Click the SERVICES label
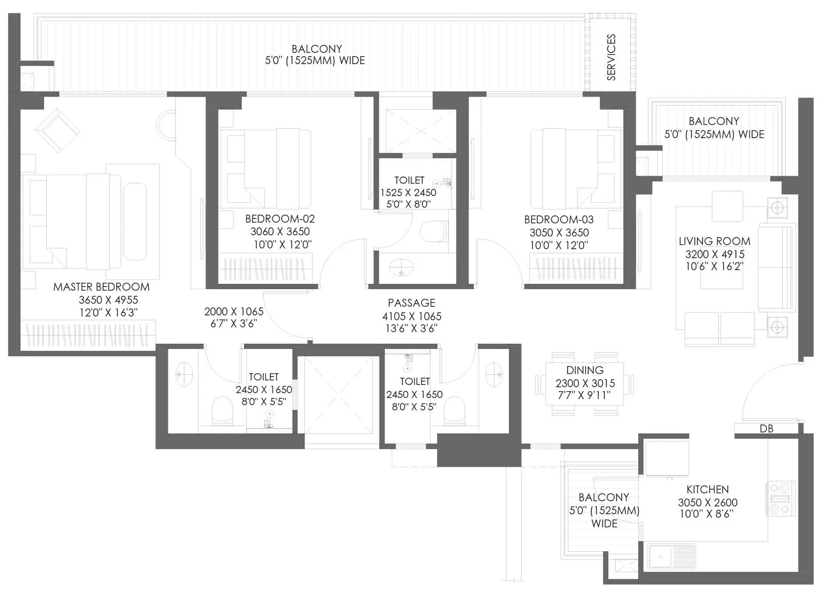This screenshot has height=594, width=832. coord(611,57)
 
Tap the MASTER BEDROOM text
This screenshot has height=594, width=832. coord(102,287)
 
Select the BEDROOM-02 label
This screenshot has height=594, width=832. coord(280,219)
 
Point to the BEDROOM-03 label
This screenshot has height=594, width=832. coord(559,220)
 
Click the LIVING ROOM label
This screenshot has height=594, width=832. coord(714,242)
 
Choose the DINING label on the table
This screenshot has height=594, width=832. coord(585,370)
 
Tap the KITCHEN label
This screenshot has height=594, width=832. coord(708,489)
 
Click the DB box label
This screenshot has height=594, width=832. coord(766,429)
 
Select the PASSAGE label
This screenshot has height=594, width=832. coord(411,303)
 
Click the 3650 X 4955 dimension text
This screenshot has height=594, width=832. coord(108,300)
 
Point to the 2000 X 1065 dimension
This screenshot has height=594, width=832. coord(234,311)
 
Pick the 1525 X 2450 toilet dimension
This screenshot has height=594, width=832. coord(408,193)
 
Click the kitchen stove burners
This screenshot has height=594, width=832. coord(780,499)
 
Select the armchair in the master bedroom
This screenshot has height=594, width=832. coord(57,130)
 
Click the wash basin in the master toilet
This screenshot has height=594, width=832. coord(184,375)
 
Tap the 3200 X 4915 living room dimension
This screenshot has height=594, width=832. coord(715,254)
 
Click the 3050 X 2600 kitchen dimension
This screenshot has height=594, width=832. coord(708,503)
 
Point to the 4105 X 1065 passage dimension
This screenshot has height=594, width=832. coord(412,316)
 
